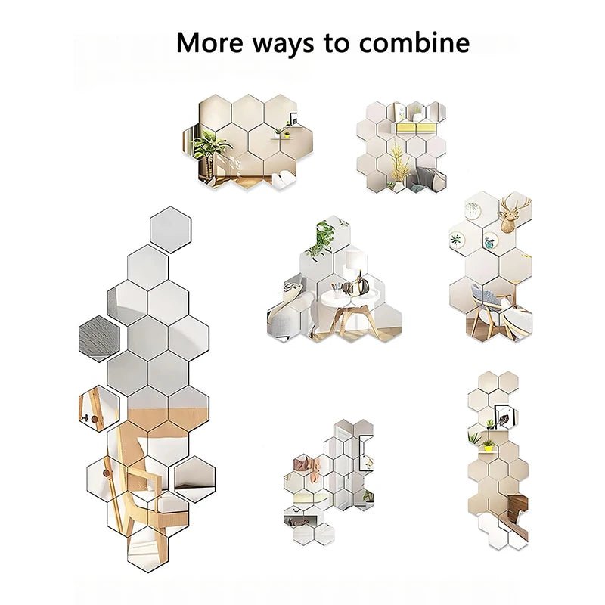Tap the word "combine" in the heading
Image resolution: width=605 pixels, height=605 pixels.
pos(414,42)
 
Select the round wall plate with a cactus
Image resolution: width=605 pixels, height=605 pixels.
pos(458,241)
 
